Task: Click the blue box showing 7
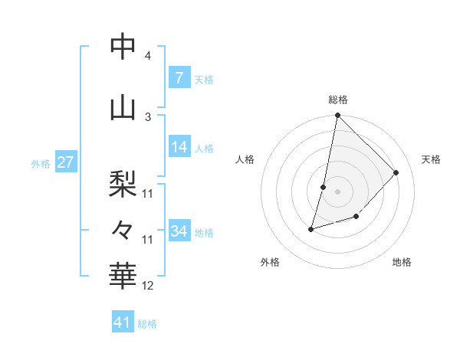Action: click(x=179, y=78)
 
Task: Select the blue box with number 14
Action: click(x=179, y=147)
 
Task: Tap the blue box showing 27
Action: click(x=65, y=162)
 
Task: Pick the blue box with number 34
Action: click(x=179, y=231)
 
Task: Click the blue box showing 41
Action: click(x=123, y=322)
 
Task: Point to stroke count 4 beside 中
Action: click(x=147, y=56)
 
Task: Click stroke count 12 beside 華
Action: click(x=148, y=286)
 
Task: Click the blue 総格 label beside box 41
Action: click(x=147, y=324)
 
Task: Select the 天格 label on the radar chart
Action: click(x=431, y=159)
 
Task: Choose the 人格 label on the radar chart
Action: click(x=245, y=159)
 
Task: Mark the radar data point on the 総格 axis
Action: click(x=337, y=116)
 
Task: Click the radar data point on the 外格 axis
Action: click(x=311, y=228)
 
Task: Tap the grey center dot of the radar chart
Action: click(x=337, y=191)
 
